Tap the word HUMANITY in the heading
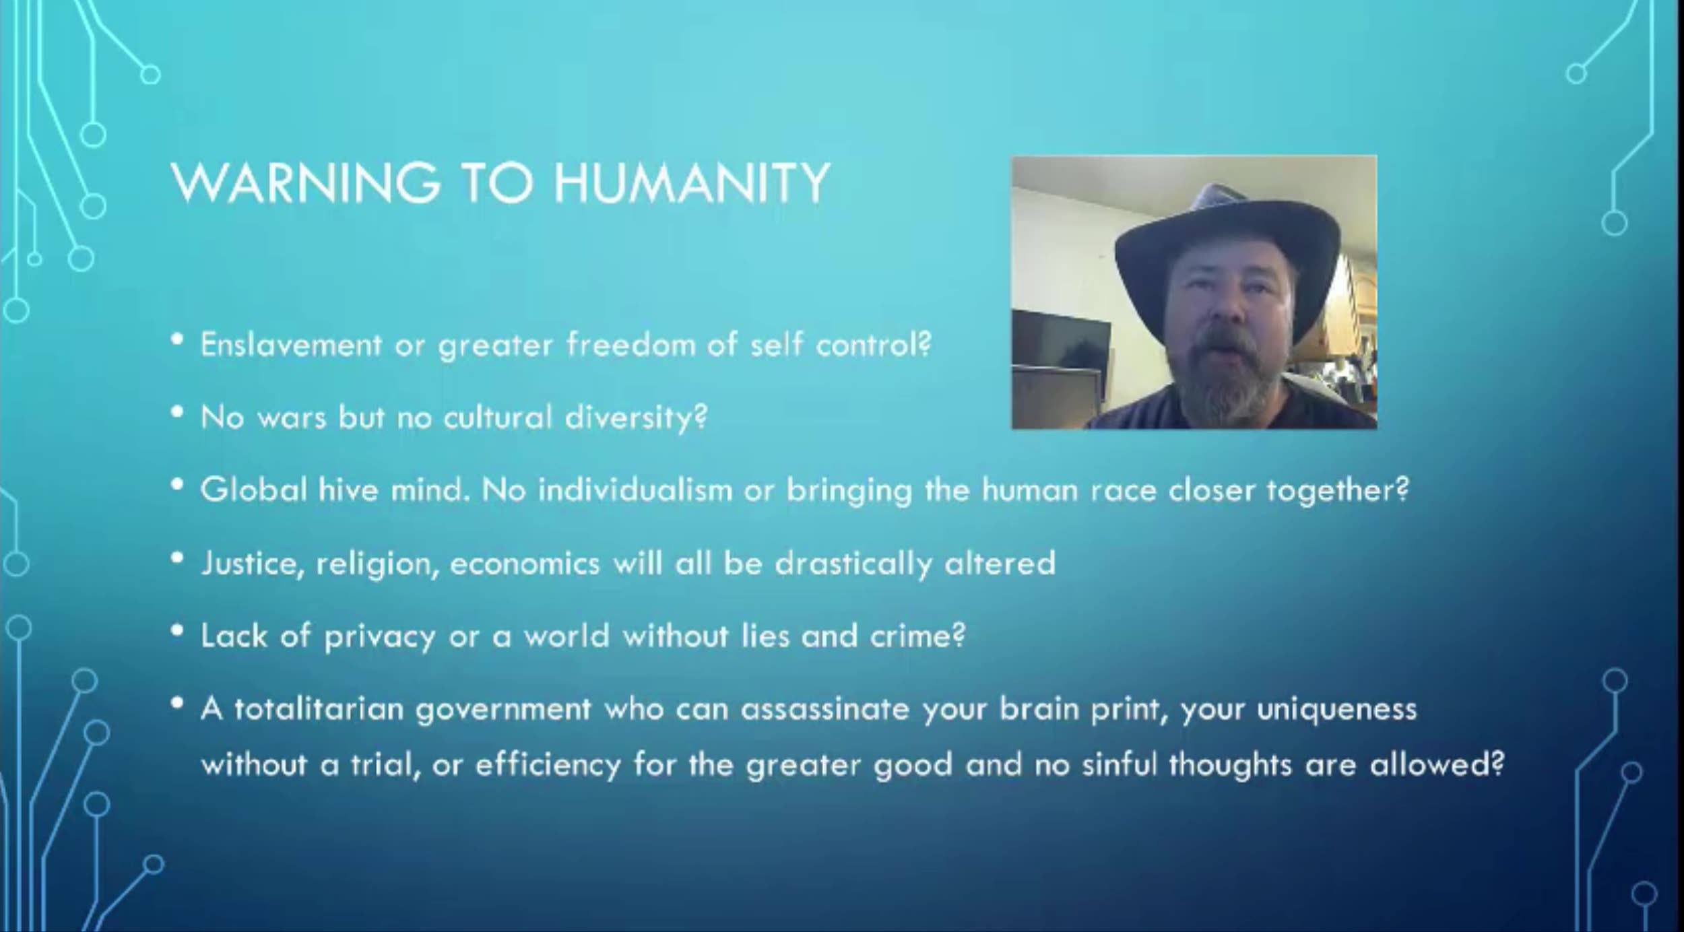pos(692,182)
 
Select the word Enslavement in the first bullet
pos(291,345)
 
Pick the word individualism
pos(635,490)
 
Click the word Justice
pos(249,564)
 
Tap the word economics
pos(524,564)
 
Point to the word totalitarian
pos(319,709)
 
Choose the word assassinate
pos(825,709)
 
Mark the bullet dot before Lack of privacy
pos(177,631)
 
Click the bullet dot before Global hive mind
pos(177,484)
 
